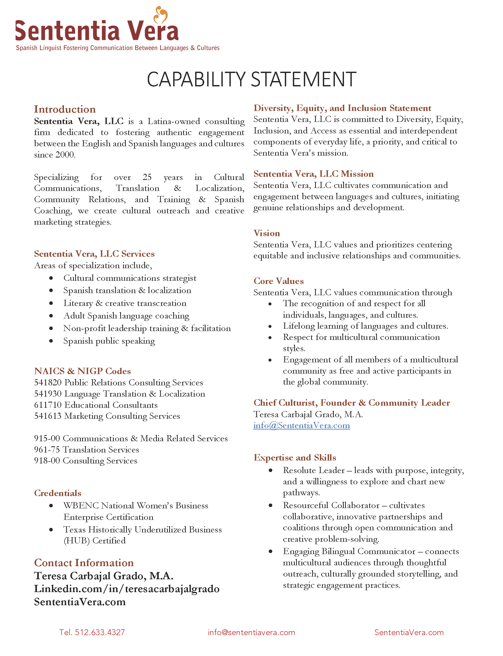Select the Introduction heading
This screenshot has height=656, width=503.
[x=65, y=109]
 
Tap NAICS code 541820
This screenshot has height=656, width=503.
[x=48, y=383]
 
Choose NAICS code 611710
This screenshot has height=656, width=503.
[x=48, y=405]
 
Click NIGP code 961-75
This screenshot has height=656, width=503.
[x=47, y=450]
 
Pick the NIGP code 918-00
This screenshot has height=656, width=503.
[x=47, y=461]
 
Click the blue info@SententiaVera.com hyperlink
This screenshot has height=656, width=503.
[x=301, y=425]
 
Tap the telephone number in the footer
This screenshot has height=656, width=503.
[x=92, y=632]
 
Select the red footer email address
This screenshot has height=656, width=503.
[x=252, y=632]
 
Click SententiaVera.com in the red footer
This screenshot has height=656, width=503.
[x=409, y=632]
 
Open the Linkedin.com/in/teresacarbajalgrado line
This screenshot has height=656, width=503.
[x=127, y=589]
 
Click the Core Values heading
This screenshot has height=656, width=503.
[x=278, y=281]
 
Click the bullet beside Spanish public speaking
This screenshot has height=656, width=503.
[x=51, y=341]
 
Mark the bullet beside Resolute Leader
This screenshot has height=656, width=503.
[x=271, y=470]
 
